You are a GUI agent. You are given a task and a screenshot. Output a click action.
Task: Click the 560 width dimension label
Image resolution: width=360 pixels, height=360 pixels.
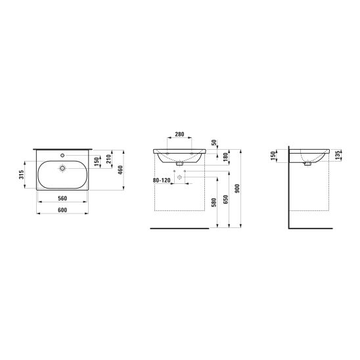click(62, 198)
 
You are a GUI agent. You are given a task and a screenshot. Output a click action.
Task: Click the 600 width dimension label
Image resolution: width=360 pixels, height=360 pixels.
click(62, 210)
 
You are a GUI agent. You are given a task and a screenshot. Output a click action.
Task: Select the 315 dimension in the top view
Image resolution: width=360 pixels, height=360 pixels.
click(21, 175)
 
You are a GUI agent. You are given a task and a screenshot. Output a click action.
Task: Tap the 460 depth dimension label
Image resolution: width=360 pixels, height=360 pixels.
click(120, 170)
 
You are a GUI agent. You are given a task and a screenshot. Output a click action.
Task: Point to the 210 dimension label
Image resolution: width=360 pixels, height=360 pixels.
click(108, 159)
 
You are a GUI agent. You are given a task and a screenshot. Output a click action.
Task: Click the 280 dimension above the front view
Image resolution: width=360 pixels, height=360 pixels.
click(179, 134)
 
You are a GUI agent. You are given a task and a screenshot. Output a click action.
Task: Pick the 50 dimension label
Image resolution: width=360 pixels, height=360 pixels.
click(214, 143)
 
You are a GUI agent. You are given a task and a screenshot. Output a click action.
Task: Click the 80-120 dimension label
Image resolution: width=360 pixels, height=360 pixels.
click(162, 181)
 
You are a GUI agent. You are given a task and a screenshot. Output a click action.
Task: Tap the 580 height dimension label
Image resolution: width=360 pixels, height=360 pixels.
click(214, 202)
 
